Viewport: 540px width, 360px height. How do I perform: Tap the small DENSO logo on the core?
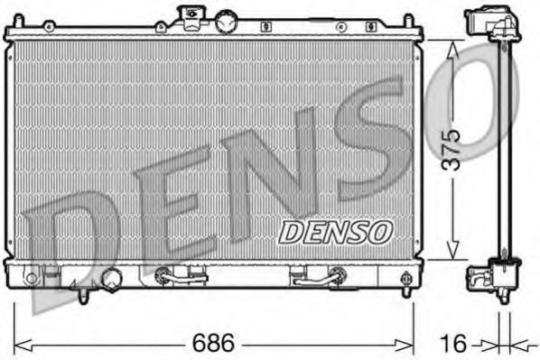[x=334, y=232]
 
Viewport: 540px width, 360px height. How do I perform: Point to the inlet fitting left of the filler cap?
[x=191, y=15]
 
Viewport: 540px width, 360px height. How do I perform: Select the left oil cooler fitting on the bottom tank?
[x=172, y=275]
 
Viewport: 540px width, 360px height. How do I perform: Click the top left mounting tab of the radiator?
[x=12, y=33]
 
